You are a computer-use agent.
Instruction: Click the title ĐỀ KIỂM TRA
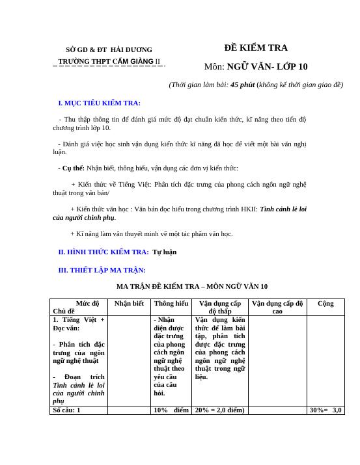[x=256, y=47]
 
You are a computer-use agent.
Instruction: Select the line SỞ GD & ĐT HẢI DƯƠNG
[x=109, y=50]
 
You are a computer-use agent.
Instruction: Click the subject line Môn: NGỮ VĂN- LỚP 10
[x=256, y=66]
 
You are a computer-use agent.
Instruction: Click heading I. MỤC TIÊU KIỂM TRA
[x=100, y=103]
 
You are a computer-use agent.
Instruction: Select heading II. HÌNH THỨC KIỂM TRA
[x=104, y=252]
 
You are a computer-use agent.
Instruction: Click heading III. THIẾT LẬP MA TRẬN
[x=102, y=270]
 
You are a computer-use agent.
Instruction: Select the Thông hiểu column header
[x=171, y=303]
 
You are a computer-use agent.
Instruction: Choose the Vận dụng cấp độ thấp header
[x=220, y=307]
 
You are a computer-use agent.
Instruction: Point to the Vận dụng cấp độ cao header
[x=277, y=307]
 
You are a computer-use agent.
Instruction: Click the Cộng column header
[x=325, y=303]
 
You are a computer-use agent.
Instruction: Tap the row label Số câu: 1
[x=66, y=410]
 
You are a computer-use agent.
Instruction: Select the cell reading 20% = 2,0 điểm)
[x=219, y=410]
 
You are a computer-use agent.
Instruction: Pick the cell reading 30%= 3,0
[x=325, y=410]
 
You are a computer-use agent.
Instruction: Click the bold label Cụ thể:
[x=72, y=168]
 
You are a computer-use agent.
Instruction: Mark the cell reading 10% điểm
[x=171, y=410]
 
